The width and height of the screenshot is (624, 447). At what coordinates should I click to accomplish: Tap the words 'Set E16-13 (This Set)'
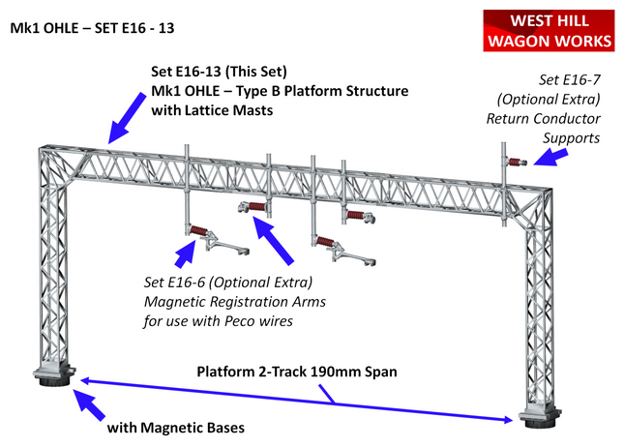pos(219,72)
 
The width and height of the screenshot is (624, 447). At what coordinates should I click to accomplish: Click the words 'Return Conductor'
pos(544,119)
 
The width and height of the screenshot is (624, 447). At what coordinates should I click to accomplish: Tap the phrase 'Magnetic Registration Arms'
pos(235,302)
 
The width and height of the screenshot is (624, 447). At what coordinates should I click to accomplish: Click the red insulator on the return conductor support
pos(516,162)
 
